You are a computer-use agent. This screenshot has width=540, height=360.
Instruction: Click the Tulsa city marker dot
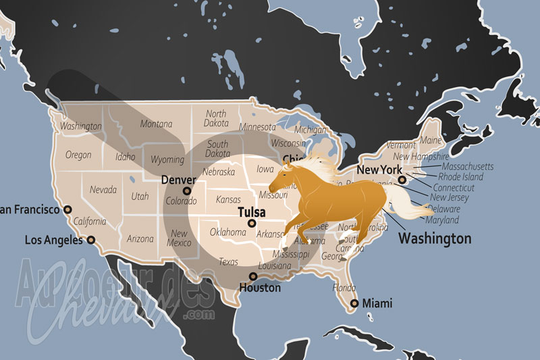[252, 223]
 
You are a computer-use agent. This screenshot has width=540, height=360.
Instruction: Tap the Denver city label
[179, 180]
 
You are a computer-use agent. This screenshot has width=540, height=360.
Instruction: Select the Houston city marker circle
[253, 276]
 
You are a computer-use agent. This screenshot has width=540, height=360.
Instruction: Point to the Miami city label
[377, 303]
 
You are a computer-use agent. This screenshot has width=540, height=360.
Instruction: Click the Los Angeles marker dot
[91, 239]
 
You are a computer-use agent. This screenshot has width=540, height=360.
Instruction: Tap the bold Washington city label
[435, 238]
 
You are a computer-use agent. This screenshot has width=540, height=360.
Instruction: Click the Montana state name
[156, 124]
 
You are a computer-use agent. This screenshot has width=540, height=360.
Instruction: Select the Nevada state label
[103, 190]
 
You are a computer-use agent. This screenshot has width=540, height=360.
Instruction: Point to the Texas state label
[228, 262]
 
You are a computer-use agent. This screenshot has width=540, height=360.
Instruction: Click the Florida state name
[344, 288]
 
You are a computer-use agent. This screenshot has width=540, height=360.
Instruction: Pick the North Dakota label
[216, 119]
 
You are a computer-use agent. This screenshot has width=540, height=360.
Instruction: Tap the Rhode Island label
[460, 177]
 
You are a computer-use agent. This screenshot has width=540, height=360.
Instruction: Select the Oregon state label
[78, 155]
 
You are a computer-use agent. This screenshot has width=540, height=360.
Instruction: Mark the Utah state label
[140, 197]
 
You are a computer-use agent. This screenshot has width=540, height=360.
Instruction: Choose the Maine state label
[430, 140]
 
